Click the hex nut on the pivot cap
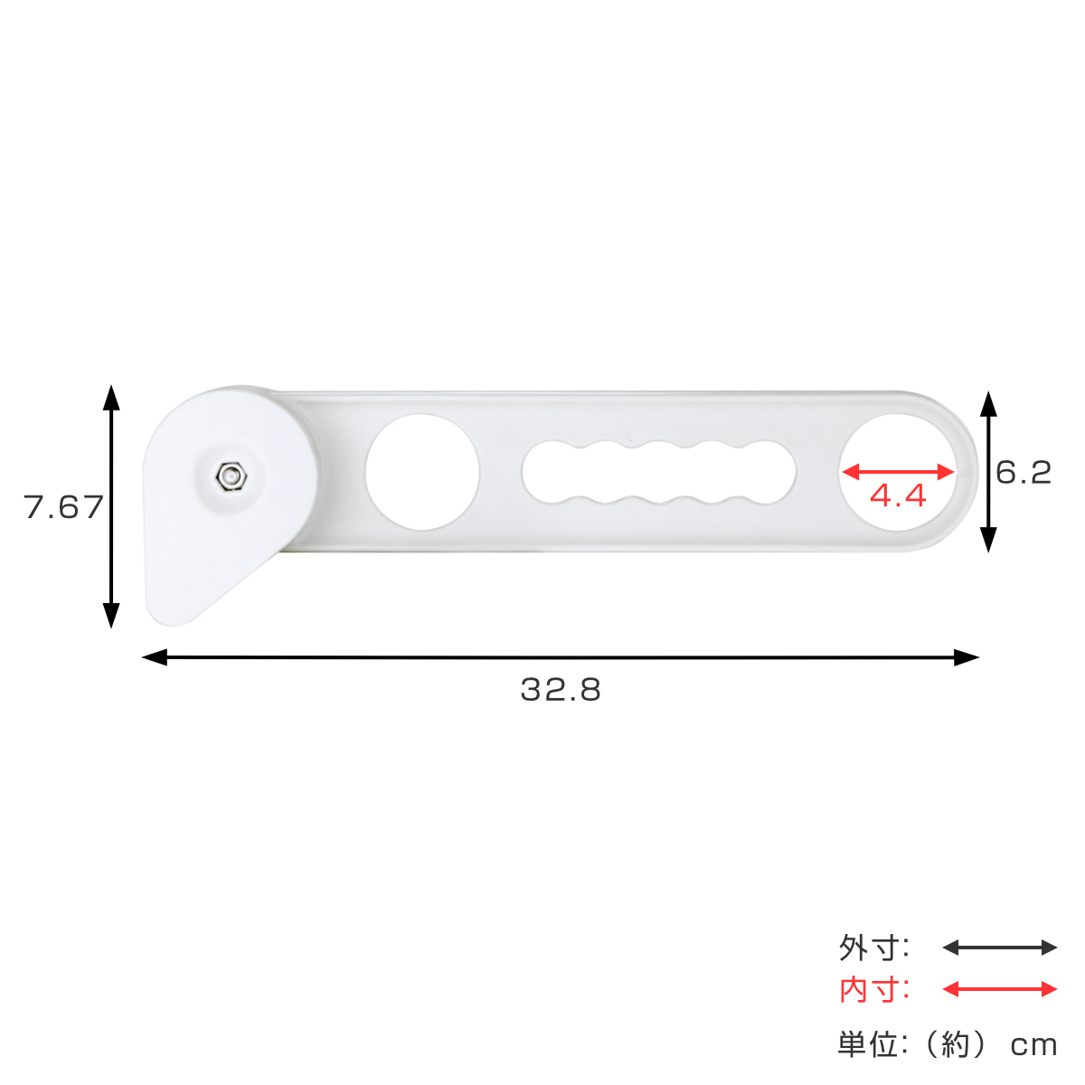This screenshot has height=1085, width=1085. click(x=231, y=476)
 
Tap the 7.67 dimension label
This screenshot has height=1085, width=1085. click(x=63, y=506)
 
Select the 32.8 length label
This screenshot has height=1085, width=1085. click(x=561, y=690)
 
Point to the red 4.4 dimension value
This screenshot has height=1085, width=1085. click(x=898, y=495)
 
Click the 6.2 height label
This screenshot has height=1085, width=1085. click(x=1023, y=472)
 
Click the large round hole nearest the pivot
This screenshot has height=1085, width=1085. click(x=421, y=472)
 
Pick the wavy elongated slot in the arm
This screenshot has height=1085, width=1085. click(x=659, y=472)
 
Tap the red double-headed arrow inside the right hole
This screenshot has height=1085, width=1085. click(x=898, y=472)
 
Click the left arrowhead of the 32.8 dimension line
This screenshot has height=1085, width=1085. click(x=155, y=657)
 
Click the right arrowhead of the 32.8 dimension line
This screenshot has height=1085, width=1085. click(x=967, y=657)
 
